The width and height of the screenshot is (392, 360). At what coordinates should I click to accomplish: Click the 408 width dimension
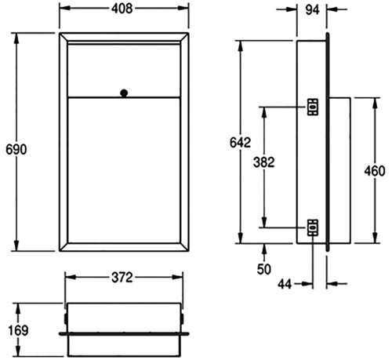pyautogui.click(x=122, y=9)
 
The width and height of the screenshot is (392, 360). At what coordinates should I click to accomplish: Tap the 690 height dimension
pyautogui.click(x=16, y=150)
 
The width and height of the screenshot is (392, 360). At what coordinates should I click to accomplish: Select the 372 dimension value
pyautogui.click(x=122, y=278)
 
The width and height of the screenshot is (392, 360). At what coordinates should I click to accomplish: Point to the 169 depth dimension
pyautogui.click(x=18, y=330)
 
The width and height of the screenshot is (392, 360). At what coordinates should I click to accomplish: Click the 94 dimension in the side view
pyautogui.click(x=312, y=10)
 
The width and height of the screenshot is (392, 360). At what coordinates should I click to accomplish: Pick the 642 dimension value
pyautogui.click(x=240, y=143)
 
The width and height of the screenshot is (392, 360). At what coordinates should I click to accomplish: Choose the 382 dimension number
pyautogui.click(x=264, y=162)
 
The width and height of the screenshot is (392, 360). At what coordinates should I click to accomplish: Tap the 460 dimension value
pyautogui.click(x=375, y=171)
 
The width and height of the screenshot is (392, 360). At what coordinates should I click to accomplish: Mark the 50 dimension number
pyautogui.click(x=264, y=269)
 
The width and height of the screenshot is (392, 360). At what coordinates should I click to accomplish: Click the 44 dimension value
pyautogui.click(x=285, y=284)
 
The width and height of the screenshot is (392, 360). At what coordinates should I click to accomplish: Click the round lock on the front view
pyautogui.click(x=124, y=93)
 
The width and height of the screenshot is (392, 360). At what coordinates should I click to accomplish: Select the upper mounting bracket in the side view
pyautogui.click(x=313, y=107)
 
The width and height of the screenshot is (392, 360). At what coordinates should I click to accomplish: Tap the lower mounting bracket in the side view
pyautogui.click(x=313, y=227)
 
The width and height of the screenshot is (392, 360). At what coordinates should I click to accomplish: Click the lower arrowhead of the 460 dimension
pyautogui.click(x=376, y=238)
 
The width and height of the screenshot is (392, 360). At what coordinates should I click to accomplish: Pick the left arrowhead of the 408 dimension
pyautogui.click(x=65, y=8)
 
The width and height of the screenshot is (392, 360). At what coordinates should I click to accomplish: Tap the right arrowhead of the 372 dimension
pyautogui.click(x=177, y=277)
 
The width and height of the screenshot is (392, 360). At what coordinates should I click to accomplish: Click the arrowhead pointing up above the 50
pyautogui.click(x=264, y=249)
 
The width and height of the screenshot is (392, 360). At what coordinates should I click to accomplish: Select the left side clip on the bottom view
pyautogui.click(x=66, y=318)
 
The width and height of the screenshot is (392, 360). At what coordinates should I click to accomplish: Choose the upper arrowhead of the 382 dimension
pyautogui.click(x=264, y=112)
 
